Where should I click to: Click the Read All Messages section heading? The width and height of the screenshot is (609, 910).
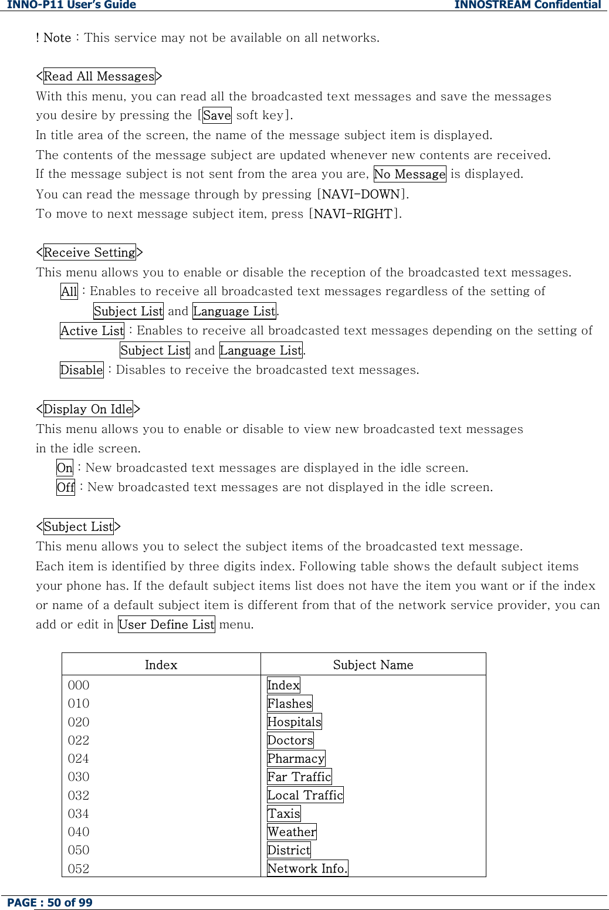pos(99,76)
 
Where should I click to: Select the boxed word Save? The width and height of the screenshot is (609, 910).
pos(216,116)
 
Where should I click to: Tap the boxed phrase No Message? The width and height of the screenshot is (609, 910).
pos(410,174)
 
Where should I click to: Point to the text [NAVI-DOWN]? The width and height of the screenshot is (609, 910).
pos(363,194)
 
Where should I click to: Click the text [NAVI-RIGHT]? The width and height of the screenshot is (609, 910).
pos(355,214)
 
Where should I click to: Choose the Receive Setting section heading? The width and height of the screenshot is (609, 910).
pos(89,252)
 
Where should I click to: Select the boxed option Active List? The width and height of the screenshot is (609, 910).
pos(92,331)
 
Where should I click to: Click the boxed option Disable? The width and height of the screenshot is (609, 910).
pos(82,370)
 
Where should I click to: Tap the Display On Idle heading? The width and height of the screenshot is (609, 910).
pos(88,409)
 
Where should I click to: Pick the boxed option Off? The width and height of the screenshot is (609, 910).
pos(66,488)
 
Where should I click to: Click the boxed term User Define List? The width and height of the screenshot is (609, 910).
pos(166,624)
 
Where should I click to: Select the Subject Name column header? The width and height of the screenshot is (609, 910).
pos(373,665)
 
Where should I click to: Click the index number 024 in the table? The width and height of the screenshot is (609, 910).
pos(79,759)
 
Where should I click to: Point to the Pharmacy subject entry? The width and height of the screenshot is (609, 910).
pos(296,759)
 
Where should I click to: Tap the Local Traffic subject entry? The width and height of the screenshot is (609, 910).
pos(305,795)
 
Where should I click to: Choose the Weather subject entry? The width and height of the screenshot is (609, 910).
pos(292,832)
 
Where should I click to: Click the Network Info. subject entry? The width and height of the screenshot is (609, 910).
pos(307,868)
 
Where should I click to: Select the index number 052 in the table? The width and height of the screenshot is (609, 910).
pos(79,868)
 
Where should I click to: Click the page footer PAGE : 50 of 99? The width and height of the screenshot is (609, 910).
pos(50,902)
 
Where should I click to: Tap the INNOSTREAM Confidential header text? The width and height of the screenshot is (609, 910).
pos(527,5)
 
